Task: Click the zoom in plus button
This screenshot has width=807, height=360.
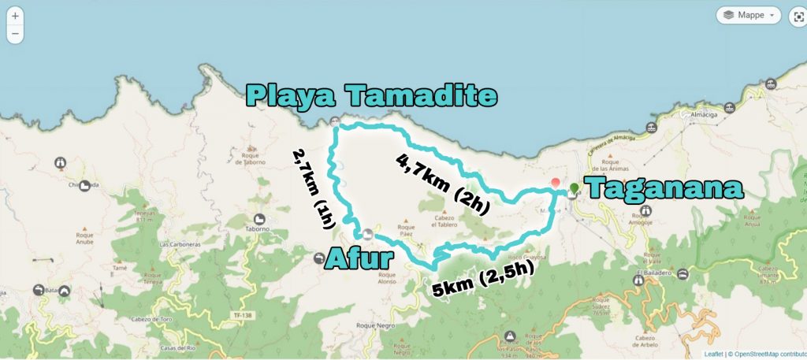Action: pyautogui.click(x=15, y=16)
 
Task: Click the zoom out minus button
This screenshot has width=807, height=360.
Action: pyautogui.click(x=15, y=34)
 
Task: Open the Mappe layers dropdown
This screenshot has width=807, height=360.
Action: pyautogui.click(x=748, y=15)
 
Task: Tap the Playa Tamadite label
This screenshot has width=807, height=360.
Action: pyautogui.click(x=371, y=96)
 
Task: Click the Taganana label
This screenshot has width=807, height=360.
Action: pyautogui.click(x=665, y=189)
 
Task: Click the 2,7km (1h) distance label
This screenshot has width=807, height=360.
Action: pyautogui.click(x=313, y=188)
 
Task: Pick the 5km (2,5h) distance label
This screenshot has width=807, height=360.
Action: pyautogui.click(x=484, y=278)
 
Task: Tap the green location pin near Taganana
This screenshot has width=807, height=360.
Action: pyautogui.click(x=574, y=189)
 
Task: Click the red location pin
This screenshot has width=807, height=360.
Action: pyautogui.click(x=556, y=183)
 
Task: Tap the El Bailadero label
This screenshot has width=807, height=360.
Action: pyautogui.click(x=651, y=275)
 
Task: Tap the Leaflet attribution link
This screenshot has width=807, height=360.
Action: pyautogui.click(x=712, y=354)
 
